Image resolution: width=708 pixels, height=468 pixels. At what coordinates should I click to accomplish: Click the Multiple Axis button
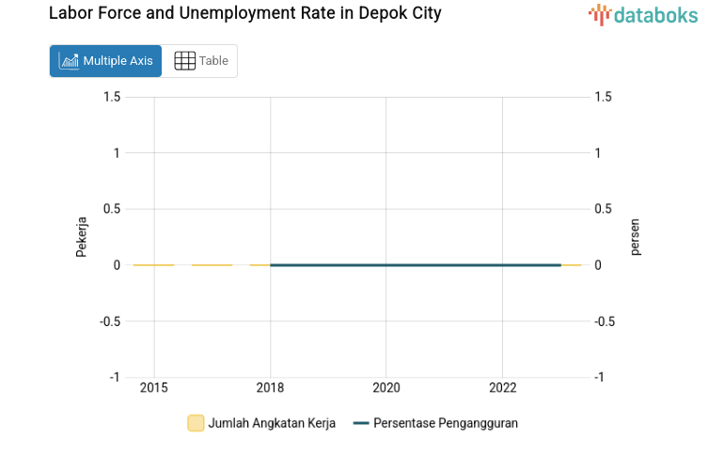tap(105, 61)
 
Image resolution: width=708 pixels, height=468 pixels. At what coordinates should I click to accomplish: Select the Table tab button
tap(200, 61)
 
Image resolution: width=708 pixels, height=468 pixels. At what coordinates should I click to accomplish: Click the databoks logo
tap(643, 14)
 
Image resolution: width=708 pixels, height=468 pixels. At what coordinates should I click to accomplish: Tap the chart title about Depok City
tap(244, 14)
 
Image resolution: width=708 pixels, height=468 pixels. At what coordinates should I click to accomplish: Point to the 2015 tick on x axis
tap(154, 387)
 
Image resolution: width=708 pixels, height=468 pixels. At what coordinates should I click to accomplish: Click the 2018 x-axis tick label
tap(271, 387)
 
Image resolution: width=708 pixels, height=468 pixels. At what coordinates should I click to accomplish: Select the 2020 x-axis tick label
tap(386, 387)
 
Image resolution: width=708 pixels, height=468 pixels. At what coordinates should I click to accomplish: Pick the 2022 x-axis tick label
tap(502, 387)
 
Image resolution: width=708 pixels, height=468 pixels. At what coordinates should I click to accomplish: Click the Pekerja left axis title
tap(82, 237)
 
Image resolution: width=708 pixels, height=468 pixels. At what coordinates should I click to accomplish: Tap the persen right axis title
tap(635, 237)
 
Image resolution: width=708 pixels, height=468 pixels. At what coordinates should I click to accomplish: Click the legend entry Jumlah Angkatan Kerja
tap(271, 423)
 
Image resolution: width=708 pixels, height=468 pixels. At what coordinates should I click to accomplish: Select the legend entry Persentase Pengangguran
tap(445, 423)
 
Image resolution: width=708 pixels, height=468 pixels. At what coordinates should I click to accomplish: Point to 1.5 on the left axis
tap(112, 97)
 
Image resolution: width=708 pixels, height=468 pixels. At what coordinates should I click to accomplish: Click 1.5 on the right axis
tap(603, 97)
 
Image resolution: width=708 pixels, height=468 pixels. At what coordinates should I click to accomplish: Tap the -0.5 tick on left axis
tap(110, 321)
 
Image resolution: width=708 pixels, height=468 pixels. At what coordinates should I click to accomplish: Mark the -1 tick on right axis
tap(601, 377)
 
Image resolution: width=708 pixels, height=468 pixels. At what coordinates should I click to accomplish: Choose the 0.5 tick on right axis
tap(603, 209)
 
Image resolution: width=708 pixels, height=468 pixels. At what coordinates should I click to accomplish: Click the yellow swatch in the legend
tap(196, 423)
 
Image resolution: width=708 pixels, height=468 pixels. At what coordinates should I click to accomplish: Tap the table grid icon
tap(185, 61)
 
